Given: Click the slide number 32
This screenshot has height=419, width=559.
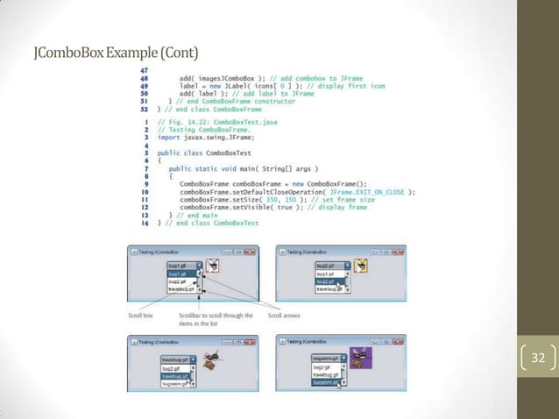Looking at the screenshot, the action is click(x=537, y=358).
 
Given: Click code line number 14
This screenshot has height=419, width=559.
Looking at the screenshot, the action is click(x=144, y=224).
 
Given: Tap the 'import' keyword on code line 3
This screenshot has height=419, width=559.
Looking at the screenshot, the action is click(x=168, y=138).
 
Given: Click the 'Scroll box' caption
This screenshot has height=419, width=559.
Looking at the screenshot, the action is click(x=141, y=316).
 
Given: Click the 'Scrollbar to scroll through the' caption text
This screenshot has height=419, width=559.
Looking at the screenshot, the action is click(x=216, y=316).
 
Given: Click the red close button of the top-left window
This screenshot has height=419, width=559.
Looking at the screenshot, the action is click(x=249, y=252).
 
